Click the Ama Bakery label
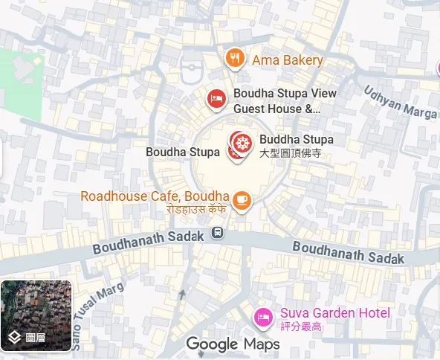[x=287, y=60]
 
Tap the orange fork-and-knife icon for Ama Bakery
[x=235, y=58]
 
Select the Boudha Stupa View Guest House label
[x=285, y=101]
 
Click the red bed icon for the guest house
[x=216, y=98]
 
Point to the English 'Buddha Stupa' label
[x=296, y=139]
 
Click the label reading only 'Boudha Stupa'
[x=183, y=152]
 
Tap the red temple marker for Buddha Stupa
[x=240, y=141]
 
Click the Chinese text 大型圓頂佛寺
[x=289, y=152]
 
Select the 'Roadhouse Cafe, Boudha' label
[x=154, y=196]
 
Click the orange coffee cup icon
[x=242, y=199]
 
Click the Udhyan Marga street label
[x=399, y=103]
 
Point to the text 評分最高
[x=300, y=327]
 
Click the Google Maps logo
[x=233, y=344]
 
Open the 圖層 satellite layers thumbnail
[x=36, y=315]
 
